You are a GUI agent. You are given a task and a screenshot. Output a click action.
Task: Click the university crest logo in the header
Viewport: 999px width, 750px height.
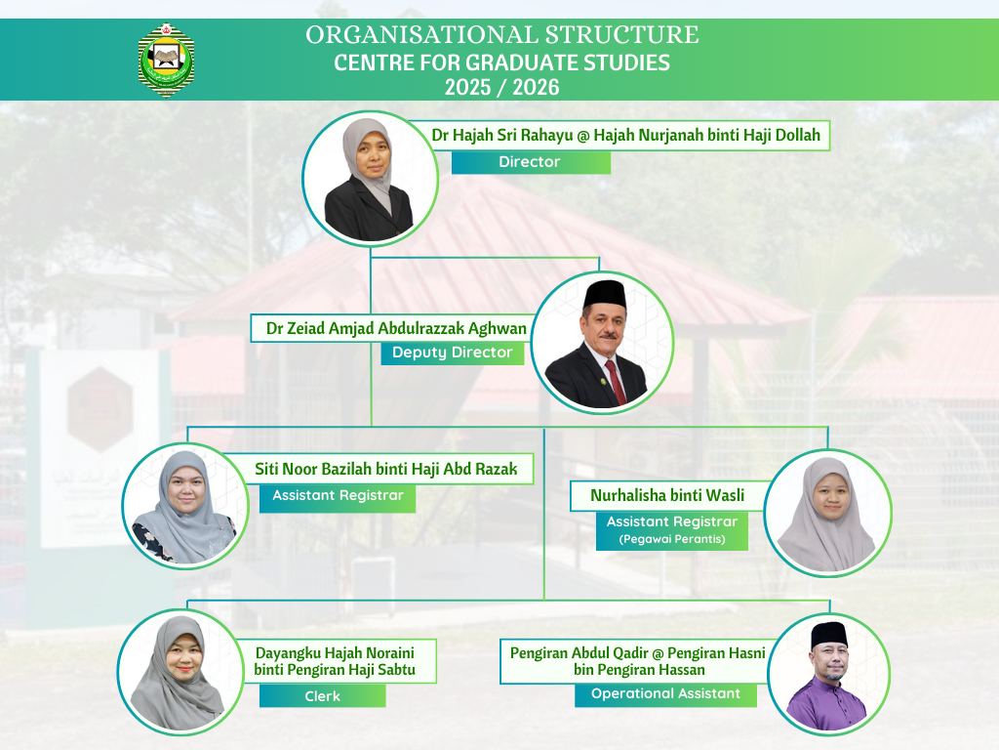(166, 61)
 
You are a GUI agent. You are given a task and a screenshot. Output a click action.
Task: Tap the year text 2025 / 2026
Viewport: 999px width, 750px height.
(502, 87)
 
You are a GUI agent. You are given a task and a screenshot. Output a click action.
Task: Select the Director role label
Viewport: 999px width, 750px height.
(531, 162)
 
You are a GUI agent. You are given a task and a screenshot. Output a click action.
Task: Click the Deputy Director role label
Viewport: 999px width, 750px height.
(453, 353)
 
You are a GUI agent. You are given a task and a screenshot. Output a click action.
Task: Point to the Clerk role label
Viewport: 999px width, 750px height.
(322, 695)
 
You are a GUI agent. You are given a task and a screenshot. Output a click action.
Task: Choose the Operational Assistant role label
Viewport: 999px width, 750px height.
(665, 694)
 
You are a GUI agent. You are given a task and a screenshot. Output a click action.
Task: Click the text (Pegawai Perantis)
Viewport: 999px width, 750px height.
(672, 539)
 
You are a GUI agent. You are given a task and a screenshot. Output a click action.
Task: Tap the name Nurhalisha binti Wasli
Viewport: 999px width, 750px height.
(667, 495)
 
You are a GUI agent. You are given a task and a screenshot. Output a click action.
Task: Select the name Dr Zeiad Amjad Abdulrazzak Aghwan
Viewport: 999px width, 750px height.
(396, 328)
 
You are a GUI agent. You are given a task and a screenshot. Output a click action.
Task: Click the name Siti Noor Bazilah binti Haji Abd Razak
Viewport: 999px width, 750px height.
(386, 470)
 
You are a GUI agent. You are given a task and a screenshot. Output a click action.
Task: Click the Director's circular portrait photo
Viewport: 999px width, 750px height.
(370, 179)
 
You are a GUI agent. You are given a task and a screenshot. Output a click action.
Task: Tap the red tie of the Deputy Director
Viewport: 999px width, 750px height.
(615, 383)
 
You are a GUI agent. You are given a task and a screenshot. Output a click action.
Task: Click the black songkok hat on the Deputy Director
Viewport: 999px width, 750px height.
(605, 294)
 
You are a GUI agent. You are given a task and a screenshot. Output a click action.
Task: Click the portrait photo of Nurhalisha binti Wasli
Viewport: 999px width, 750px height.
(827, 514)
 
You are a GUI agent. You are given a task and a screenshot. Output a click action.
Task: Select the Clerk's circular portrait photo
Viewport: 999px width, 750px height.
(180, 673)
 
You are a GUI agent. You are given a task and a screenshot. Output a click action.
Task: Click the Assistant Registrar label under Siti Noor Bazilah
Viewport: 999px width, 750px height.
(338, 495)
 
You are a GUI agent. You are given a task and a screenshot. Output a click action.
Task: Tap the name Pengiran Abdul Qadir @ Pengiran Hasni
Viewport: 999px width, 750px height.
(638, 653)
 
